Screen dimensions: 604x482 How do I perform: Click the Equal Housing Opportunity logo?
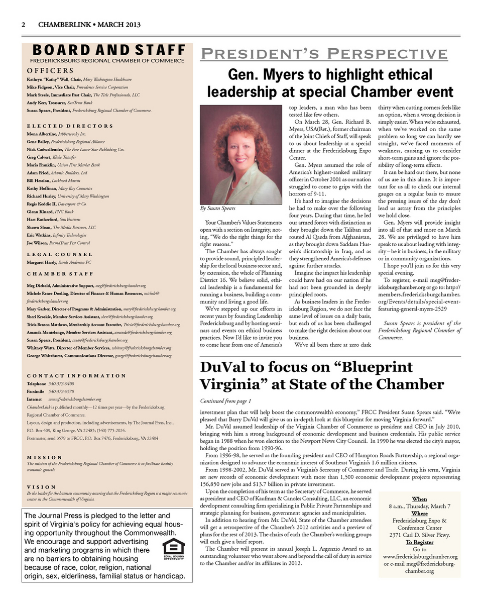click(x=174, y=548)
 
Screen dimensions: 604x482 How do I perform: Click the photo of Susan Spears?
click(x=234, y=154)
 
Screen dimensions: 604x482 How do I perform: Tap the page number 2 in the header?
click(x=23, y=25)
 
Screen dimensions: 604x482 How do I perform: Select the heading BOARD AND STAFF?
click(x=108, y=50)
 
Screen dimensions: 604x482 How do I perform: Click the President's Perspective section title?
click(x=324, y=54)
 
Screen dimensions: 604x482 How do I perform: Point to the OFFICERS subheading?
click(x=50, y=71)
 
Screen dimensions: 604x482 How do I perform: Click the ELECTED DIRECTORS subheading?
click(x=70, y=126)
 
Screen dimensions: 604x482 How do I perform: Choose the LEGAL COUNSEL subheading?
click(x=59, y=254)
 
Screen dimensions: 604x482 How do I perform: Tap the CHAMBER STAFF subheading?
click(x=60, y=273)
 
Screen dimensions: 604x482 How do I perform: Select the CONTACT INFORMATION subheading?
click(x=76, y=375)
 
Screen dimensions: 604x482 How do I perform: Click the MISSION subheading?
click(x=44, y=457)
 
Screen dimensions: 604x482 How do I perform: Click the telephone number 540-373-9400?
click(x=61, y=383)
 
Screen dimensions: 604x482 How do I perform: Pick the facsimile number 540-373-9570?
click(x=61, y=391)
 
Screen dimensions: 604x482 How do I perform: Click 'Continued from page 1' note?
click(x=225, y=401)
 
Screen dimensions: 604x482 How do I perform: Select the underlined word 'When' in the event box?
click(x=419, y=499)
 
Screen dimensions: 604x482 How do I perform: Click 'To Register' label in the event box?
click(x=419, y=542)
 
